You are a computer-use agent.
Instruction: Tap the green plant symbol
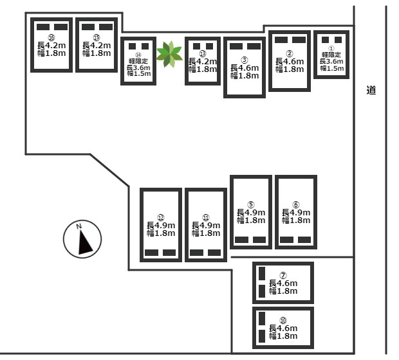[x=169, y=54]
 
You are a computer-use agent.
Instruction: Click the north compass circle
[x=84, y=239]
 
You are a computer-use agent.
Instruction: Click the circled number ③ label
[x=245, y=59]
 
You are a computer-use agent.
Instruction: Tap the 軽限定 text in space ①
[x=331, y=55]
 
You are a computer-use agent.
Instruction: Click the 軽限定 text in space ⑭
[x=138, y=61]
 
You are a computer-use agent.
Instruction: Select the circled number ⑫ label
[x=161, y=217]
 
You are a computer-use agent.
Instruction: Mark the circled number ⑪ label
[x=206, y=217]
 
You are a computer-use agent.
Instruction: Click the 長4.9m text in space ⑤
[x=251, y=212]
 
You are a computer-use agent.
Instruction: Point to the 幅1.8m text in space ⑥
[x=296, y=221]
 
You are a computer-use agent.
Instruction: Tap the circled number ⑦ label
[x=283, y=275]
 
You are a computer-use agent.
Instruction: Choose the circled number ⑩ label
[x=283, y=320]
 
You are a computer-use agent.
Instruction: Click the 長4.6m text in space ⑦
[x=283, y=283]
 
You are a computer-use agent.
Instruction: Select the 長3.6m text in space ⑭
[x=138, y=67]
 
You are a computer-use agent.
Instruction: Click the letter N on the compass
[x=79, y=226]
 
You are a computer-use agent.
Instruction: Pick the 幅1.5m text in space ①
[x=331, y=68]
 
